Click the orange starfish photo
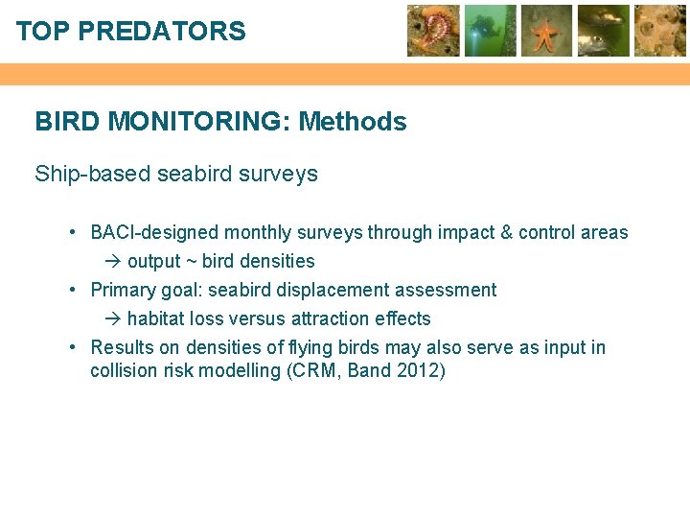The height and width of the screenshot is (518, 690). click(x=546, y=31)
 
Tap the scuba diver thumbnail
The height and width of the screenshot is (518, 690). click(x=490, y=31)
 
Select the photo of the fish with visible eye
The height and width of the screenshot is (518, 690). click(x=603, y=31)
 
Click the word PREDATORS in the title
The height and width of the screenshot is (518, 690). click(x=161, y=32)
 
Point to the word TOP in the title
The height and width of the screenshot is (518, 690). click(x=43, y=32)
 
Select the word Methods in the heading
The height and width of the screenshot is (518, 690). click(x=353, y=122)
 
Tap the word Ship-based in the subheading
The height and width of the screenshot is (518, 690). click(x=93, y=175)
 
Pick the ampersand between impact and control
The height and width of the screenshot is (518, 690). click(x=505, y=232)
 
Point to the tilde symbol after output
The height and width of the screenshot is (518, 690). click(x=190, y=261)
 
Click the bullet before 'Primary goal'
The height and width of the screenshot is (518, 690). click(x=74, y=290)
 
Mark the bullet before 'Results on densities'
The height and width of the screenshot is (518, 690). click(x=74, y=347)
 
